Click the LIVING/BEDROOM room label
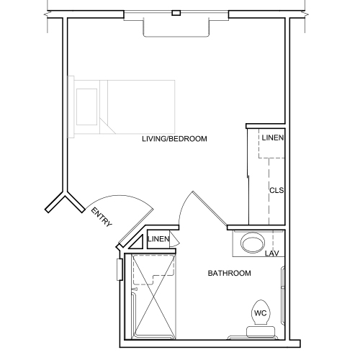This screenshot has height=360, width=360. [x=174, y=138]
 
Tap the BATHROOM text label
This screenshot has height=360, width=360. [x=229, y=274]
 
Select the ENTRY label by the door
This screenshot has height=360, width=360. [x=101, y=217]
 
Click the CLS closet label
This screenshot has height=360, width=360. [x=276, y=191]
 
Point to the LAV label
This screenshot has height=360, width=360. [x=271, y=253]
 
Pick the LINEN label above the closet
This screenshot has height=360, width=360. [x=273, y=138]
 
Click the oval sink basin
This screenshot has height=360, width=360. [x=253, y=243]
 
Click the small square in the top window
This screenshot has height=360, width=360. [x=176, y=12]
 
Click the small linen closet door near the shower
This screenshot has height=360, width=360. [x=172, y=240]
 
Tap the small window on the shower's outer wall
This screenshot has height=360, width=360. [x=120, y=269]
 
